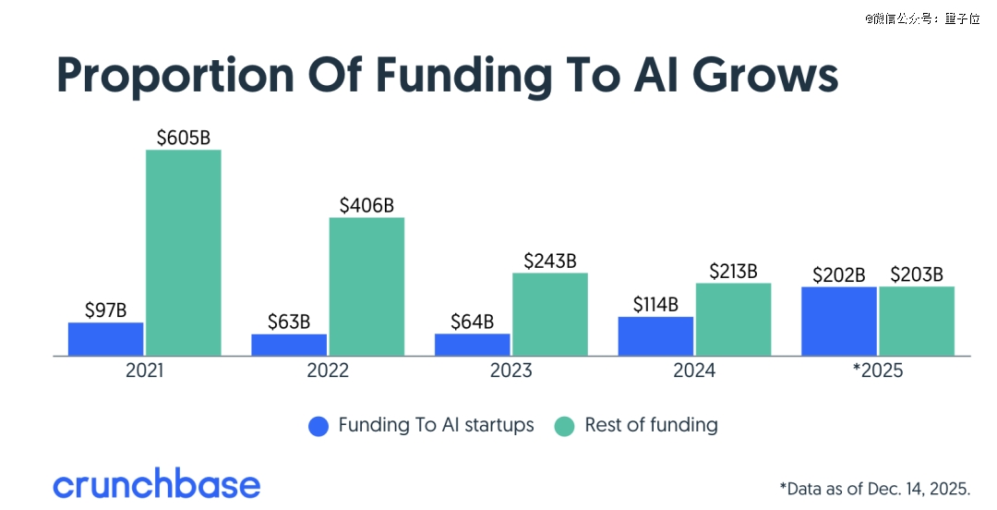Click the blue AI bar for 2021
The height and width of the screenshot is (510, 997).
tap(105, 339)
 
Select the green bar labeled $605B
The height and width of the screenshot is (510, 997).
tap(183, 252)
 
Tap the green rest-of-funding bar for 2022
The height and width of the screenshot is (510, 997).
tap(366, 286)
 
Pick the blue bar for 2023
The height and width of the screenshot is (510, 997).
tap(472, 345)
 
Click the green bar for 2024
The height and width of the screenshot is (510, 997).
tap(733, 319)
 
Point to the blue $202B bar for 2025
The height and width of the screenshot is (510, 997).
tap(838, 321)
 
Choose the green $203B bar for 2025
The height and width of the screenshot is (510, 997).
tap(917, 321)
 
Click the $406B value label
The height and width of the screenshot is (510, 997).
tap(366, 206)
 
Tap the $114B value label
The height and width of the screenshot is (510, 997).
tap(655, 305)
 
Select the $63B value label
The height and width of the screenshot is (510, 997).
tap(289, 322)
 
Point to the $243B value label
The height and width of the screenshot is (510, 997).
tap(549, 261)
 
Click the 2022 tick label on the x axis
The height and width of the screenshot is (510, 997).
tap(328, 371)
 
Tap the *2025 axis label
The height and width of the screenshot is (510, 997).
tap(877, 371)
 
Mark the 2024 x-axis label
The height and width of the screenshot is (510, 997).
tap(694, 371)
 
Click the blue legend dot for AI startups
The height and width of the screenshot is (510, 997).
tap(318, 426)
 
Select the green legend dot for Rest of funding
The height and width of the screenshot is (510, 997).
tap(565, 426)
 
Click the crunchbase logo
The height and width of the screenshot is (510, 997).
tap(156, 484)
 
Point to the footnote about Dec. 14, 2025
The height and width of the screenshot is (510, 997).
tap(874, 487)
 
